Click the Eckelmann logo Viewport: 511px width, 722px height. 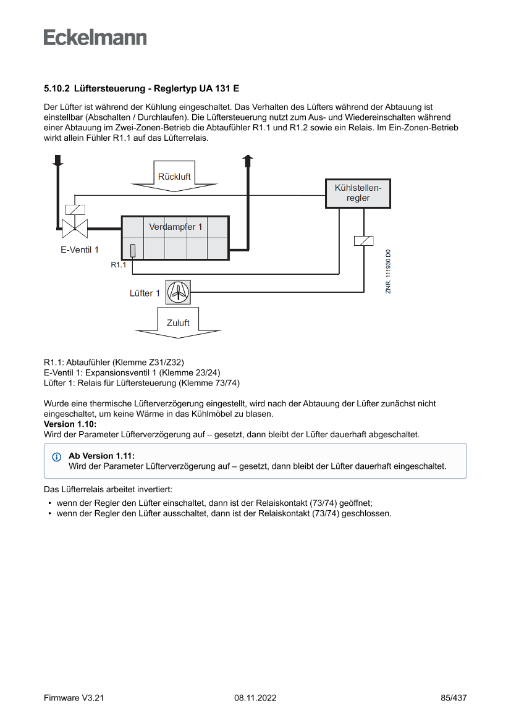click(95, 37)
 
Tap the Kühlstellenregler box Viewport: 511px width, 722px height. click(358, 193)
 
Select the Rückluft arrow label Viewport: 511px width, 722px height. click(174, 177)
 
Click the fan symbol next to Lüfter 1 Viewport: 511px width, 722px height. click(178, 292)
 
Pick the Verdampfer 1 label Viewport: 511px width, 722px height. click(175, 227)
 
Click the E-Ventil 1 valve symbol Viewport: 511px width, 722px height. click(75, 227)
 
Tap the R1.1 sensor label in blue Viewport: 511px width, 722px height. click(119, 265)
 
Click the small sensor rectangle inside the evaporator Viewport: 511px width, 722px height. click(133, 250)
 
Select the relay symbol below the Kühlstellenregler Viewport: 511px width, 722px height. click(363, 241)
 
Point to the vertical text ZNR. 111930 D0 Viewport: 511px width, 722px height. click(388, 272)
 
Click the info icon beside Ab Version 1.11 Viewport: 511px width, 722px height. click(57, 457)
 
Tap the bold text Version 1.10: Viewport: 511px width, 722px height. click(70, 424)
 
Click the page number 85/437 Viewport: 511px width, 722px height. click(454, 698)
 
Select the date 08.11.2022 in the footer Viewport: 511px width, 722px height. click(255, 698)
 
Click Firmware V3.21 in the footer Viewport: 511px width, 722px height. click(74, 698)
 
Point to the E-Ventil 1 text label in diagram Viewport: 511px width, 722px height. click(79, 250)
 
